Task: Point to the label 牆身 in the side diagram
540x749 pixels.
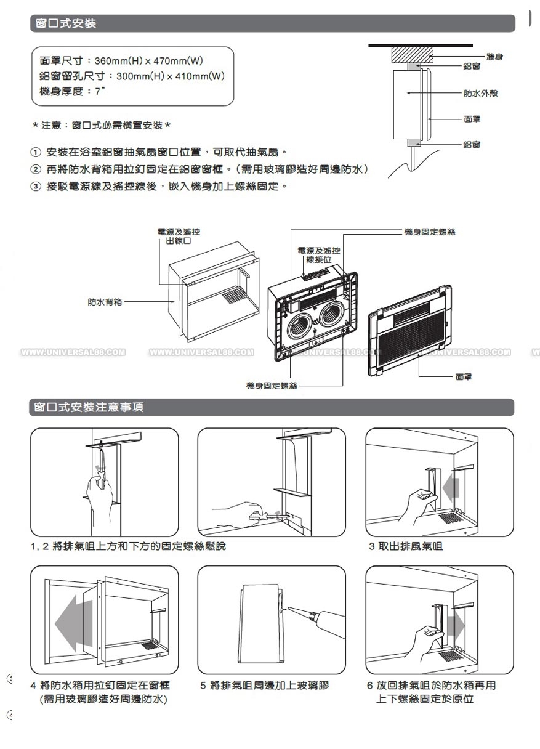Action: click(494, 57)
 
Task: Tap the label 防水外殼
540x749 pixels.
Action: click(481, 93)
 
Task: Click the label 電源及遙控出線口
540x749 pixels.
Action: click(179, 236)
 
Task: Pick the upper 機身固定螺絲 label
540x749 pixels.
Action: click(430, 232)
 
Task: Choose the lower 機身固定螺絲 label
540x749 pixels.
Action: click(272, 386)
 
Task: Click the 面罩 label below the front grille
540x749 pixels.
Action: click(464, 376)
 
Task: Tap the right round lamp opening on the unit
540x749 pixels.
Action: click(332, 314)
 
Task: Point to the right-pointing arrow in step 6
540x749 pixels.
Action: click(456, 626)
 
